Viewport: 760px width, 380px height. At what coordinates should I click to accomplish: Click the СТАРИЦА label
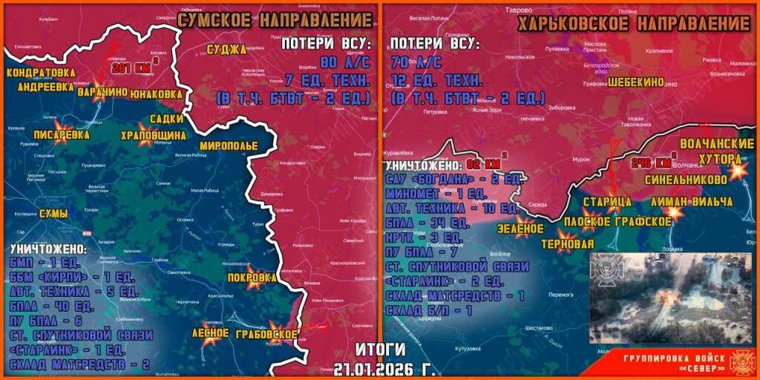click(607, 202)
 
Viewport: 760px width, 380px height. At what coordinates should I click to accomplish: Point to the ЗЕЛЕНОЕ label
click(520, 228)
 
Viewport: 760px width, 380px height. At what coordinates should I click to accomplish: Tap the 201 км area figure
click(127, 68)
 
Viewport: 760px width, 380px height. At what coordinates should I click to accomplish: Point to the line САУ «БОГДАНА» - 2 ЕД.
click(454, 180)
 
